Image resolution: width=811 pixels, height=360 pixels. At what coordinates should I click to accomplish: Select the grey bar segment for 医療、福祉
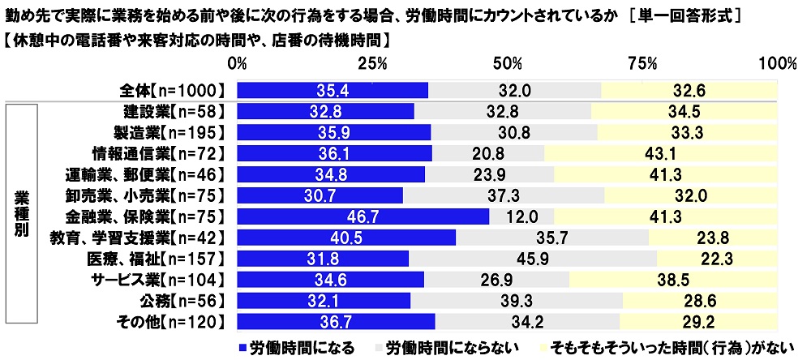coord(533,259)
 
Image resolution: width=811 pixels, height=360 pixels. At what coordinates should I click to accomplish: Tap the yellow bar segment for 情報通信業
coord(661,152)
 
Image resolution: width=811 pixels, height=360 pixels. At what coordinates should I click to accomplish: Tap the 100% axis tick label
coord(779,63)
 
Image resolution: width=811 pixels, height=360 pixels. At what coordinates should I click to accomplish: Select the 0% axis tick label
coord(237,63)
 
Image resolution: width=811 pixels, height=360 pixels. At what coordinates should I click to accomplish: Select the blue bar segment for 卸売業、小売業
coord(320,195)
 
